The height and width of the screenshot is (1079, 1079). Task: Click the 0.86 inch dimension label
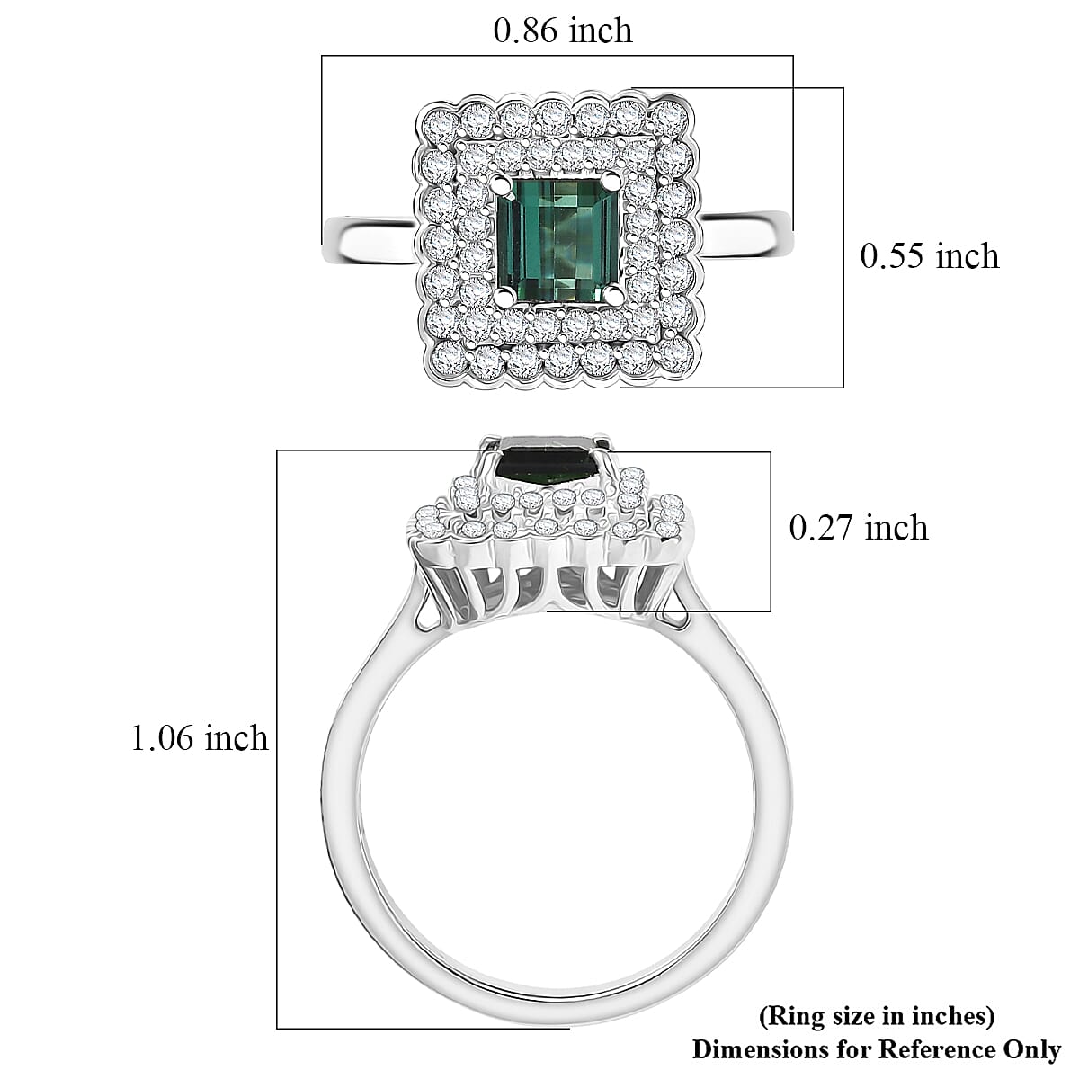(x=563, y=31)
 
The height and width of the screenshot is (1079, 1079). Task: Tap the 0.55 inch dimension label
(x=929, y=256)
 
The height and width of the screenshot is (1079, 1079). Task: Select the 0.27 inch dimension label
(x=858, y=528)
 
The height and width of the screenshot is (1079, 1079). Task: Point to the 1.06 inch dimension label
(x=200, y=738)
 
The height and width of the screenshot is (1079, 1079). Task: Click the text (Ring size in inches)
(x=877, y=1017)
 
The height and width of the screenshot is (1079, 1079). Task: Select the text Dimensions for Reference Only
(x=876, y=1049)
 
